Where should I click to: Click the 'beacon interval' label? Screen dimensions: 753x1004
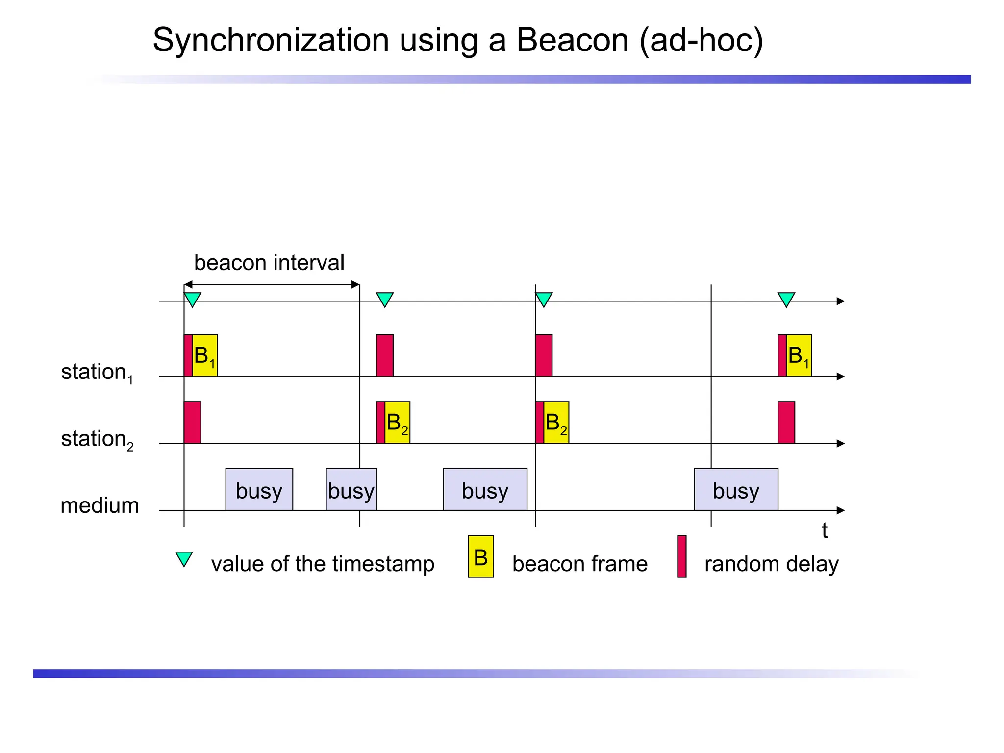click(269, 263)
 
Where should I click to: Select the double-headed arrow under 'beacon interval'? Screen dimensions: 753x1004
click(272, 284)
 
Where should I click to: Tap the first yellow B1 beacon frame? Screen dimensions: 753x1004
click(205, 355)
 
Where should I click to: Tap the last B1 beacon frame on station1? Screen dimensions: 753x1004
click(799, 355)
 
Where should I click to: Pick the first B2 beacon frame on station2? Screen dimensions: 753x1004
click(397, 423)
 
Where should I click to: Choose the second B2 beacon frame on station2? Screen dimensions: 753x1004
click(556, 423)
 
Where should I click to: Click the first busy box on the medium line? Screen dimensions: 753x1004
click(259, 490)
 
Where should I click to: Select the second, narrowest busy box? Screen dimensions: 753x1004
click(351, 490)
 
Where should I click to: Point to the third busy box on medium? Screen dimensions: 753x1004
click(485, 490)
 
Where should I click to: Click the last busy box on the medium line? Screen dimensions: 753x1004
click(736, 490)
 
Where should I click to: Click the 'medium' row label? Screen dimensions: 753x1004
click(100, 505)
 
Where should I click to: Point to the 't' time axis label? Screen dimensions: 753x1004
click(825, 531)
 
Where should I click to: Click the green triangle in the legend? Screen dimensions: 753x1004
click(184, 558)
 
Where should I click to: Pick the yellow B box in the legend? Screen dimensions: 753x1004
click(480, 556)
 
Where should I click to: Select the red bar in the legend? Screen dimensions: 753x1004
click(681, 556)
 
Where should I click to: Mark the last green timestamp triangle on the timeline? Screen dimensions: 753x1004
click(786, 299)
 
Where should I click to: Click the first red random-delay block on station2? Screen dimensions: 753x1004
click(192, 423)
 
